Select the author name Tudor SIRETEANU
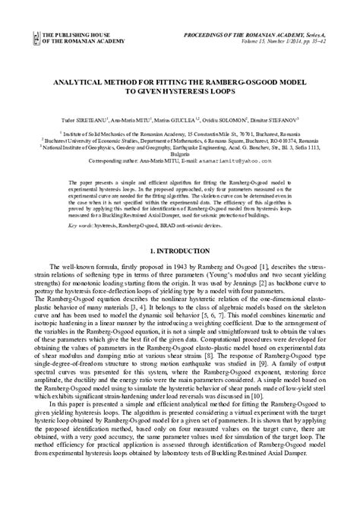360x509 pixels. coord(84,119)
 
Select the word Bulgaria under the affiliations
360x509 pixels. coord(180,154)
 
